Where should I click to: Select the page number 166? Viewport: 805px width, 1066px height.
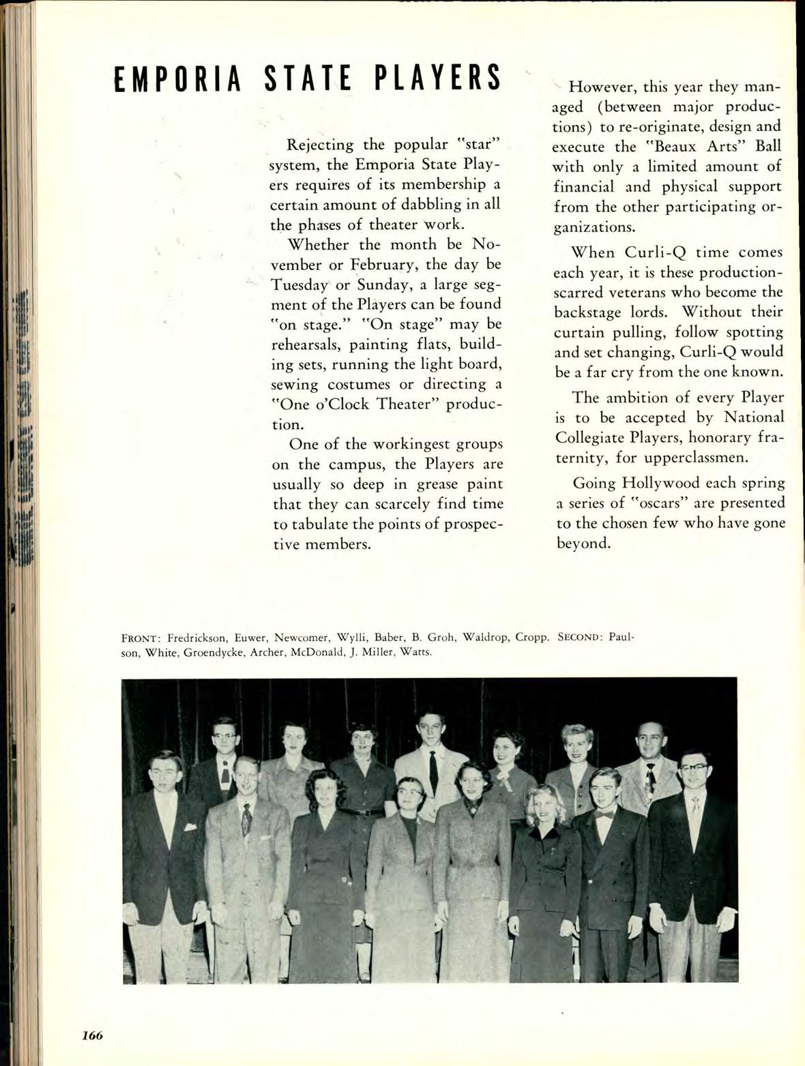click(x=92, y=1035)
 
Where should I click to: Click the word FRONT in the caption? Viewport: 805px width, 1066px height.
click(x=140, y=638)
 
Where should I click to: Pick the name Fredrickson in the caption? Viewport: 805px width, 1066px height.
click(x=197, y=638)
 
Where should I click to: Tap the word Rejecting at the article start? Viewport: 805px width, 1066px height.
click(x=320, y=145)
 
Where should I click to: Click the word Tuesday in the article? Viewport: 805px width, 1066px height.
click(x=299, y=284)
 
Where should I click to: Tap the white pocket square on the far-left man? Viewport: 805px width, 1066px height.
click(x=190, y=827)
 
